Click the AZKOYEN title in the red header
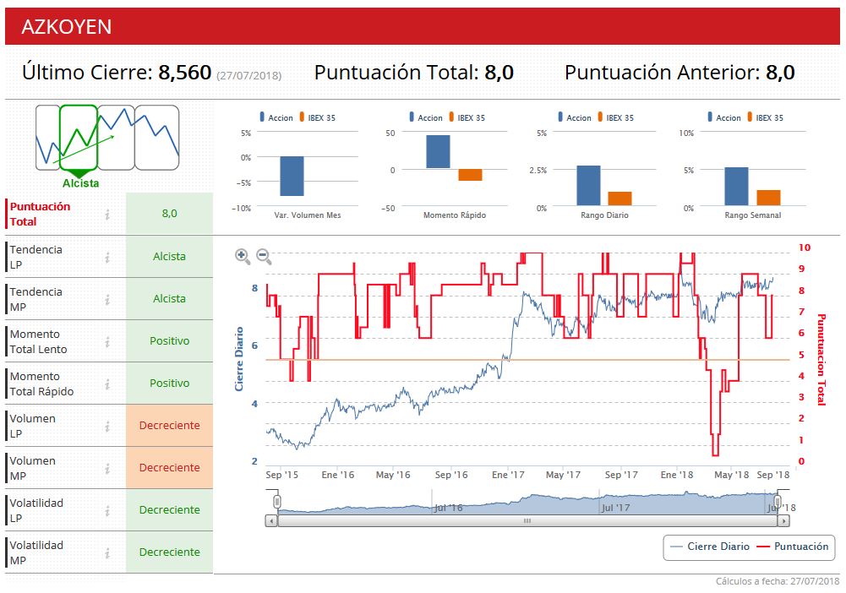pos(66,26)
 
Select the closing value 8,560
pos(184,73)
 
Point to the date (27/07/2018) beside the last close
pos(248,75)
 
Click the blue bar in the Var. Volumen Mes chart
pos(292,176)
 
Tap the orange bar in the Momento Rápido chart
pos(470,175)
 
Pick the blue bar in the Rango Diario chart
pos(588,185)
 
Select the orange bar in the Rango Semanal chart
pos(768,198)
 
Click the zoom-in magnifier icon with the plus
pos(243,255)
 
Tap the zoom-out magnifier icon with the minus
pos(264,255)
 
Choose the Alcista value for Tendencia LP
pos(169,256)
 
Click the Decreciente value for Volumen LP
pos(169,425)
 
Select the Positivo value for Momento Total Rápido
pos(169,383)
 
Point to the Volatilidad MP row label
pos(36,552)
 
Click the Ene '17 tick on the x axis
pos(508,475)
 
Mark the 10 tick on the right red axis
pos(804,248)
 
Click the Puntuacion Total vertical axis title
pos(820,359)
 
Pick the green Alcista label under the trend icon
pos(80,183)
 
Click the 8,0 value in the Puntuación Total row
pos(169,214)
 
